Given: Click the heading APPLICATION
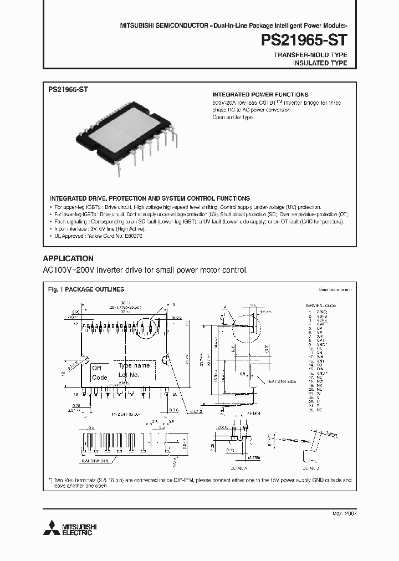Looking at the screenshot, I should (x=68, y=258).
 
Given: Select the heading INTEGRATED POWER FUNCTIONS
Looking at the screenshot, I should (x=260, y=95).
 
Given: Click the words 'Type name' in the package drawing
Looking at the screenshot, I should (x=134, y=366).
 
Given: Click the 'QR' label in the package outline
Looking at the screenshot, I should (x=97, y=368).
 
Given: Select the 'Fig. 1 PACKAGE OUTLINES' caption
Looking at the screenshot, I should (x=86, y=289).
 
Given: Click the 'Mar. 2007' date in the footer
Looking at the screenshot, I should (x=344, y=514).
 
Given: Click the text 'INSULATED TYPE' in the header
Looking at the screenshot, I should (x=320, y=63).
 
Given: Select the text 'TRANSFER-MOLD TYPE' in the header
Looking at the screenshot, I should (x=310, y=55).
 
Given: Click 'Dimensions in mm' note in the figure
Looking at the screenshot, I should (x=335, y=289).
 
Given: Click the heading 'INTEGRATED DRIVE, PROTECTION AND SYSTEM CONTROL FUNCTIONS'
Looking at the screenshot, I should (x=150, y=198).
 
